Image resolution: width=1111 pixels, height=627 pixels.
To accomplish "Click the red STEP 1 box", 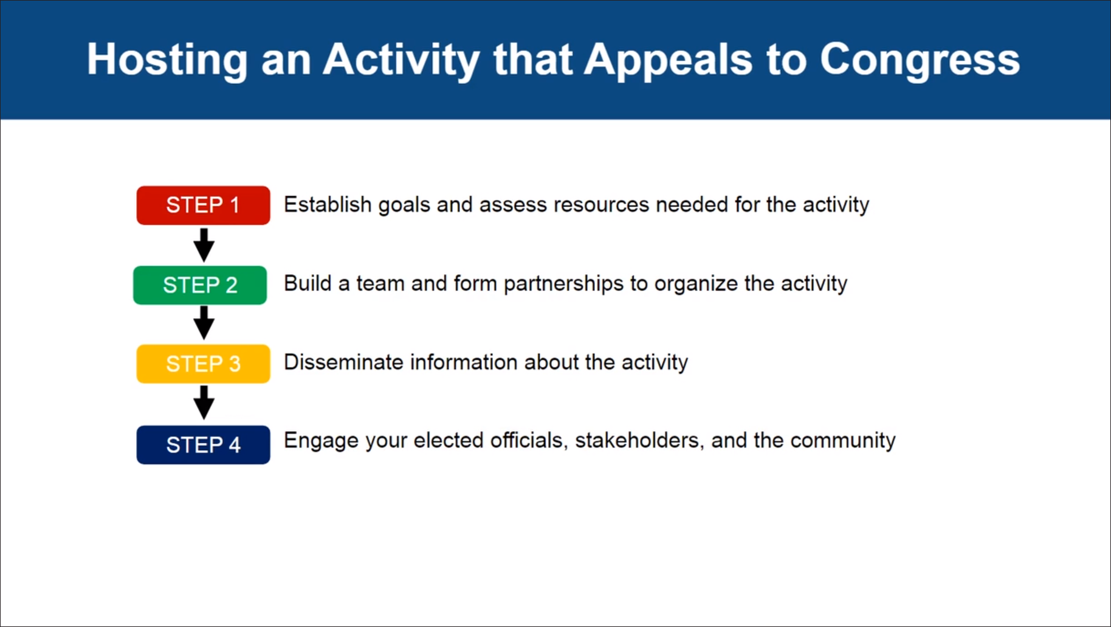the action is pos(203,206).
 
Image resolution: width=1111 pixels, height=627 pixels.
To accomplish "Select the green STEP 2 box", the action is pos(200,285).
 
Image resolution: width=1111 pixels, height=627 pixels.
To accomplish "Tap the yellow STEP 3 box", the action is pos(203,364).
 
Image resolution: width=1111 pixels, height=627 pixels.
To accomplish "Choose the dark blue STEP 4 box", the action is pos(203,445).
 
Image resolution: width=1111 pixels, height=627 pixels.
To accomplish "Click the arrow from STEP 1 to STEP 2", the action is pos(204,245).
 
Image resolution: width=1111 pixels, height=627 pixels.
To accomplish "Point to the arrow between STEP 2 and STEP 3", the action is pos(204,323).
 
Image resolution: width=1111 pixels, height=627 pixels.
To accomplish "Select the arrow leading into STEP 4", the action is pos(204,403).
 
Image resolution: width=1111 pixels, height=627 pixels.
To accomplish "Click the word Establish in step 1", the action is pos(328,204).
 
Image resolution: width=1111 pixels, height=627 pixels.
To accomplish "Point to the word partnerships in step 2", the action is pos(563,284).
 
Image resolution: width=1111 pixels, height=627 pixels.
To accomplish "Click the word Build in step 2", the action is pos(308,283).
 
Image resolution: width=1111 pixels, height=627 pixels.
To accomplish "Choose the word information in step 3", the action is pos(464,362).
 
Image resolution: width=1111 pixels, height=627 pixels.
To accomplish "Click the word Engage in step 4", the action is pos(321,441).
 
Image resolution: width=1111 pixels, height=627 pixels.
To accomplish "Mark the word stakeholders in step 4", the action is pos(639,440).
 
